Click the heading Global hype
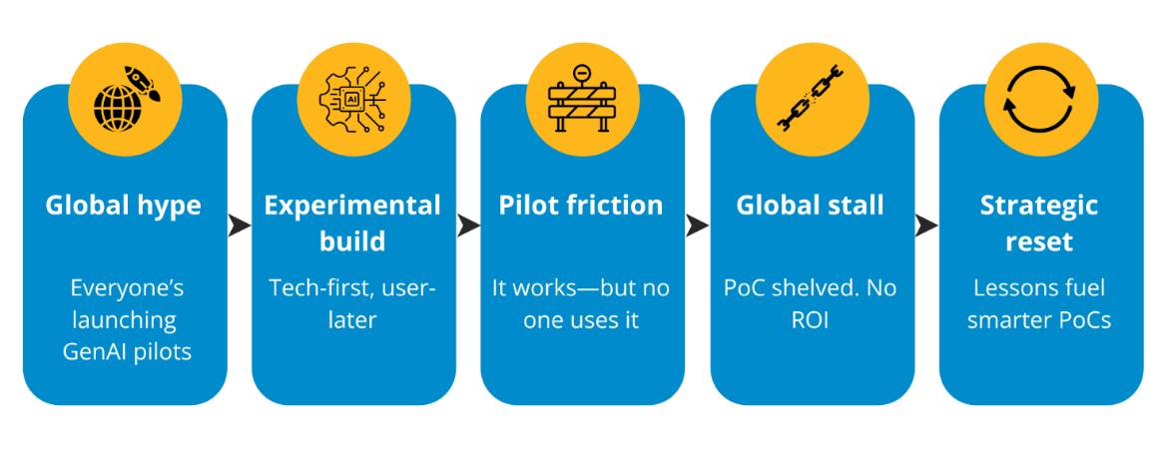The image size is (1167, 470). [125, 206]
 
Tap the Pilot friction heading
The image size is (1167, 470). [582, 206]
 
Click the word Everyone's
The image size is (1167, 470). [125, 288]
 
